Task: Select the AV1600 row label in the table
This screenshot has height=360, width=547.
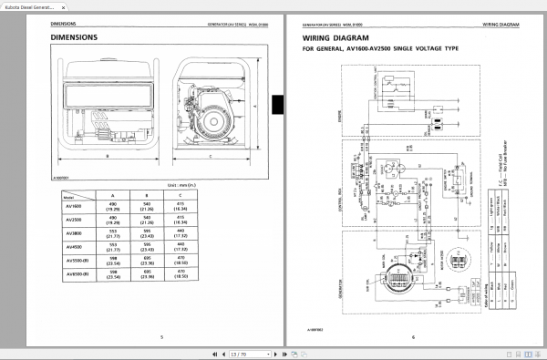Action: (75, 205)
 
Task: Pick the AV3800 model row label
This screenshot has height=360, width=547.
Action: (75, 233)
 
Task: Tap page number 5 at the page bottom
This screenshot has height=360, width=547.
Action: (160, 338)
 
